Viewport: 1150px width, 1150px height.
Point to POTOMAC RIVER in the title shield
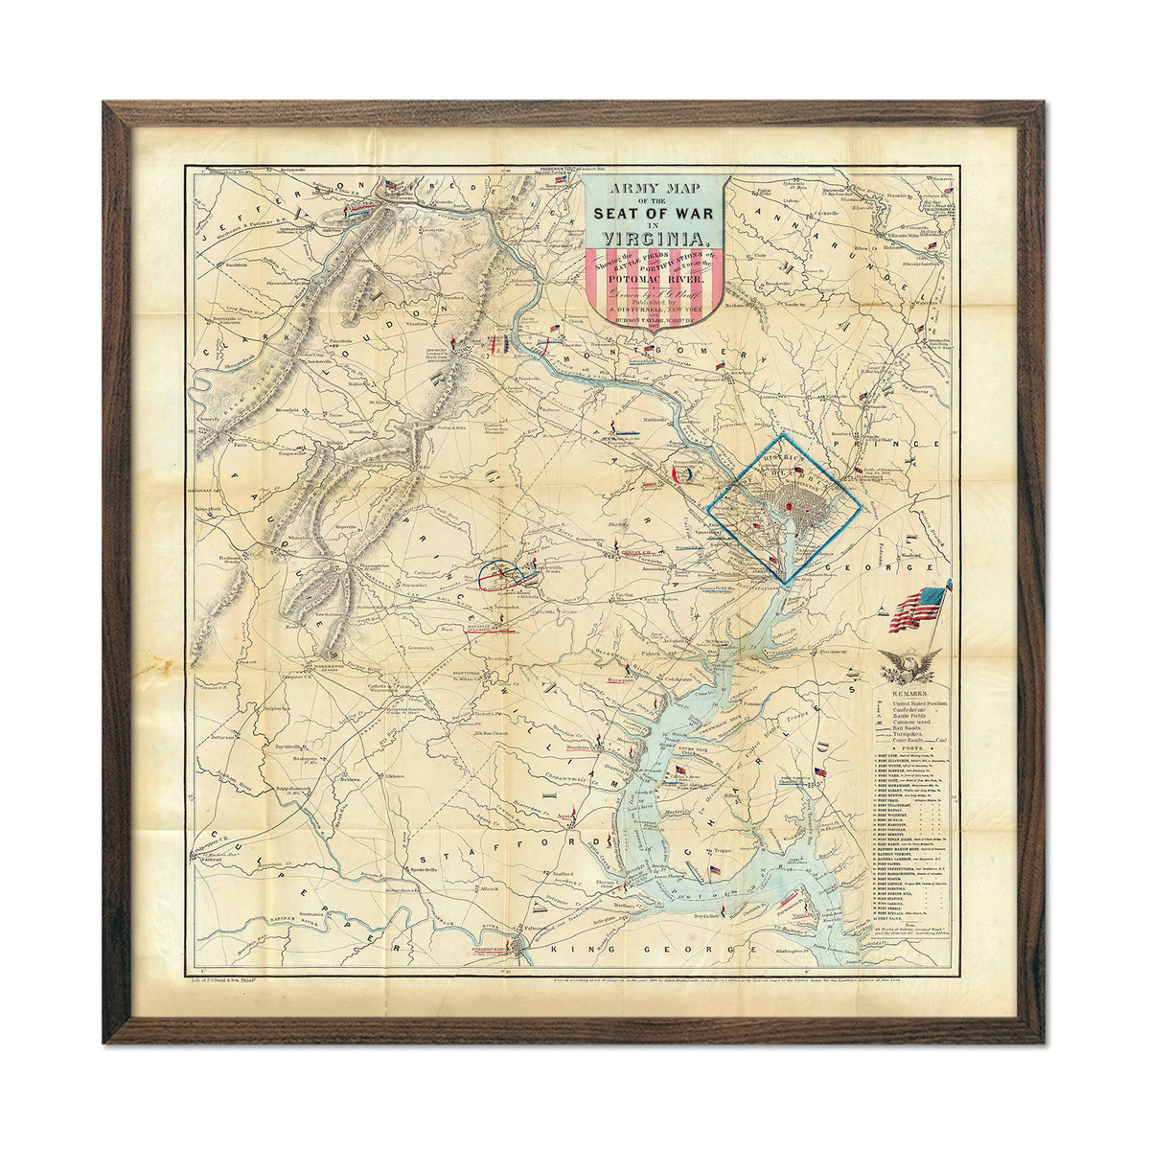(x=655, y=282)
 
